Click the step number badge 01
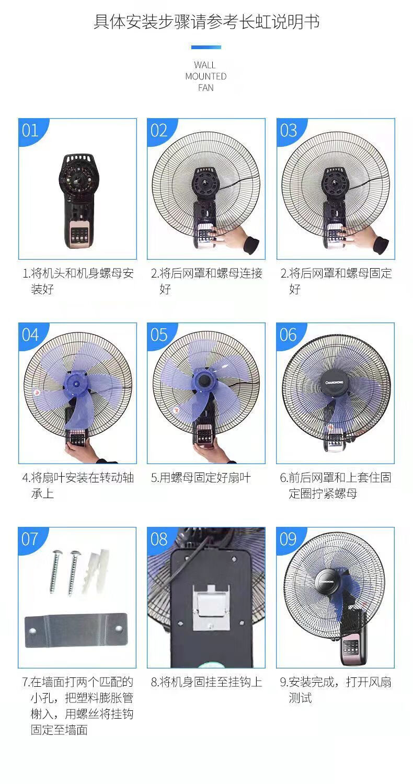30,130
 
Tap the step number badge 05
159,335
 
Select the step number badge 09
288,539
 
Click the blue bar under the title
206,48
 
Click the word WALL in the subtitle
205,65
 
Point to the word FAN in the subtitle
205,88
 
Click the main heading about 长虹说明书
206,22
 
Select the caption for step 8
206,682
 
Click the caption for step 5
201,478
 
